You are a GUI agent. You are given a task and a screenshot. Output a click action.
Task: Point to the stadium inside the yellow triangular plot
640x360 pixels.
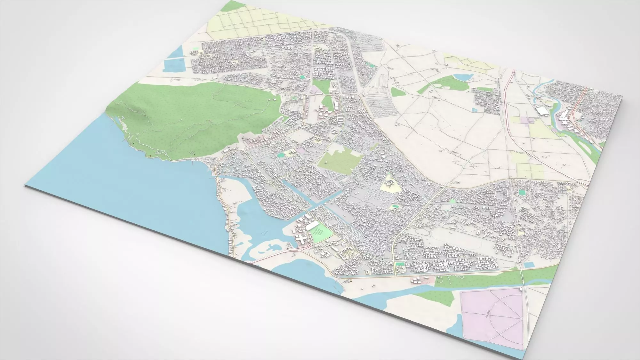pos(389,183)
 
